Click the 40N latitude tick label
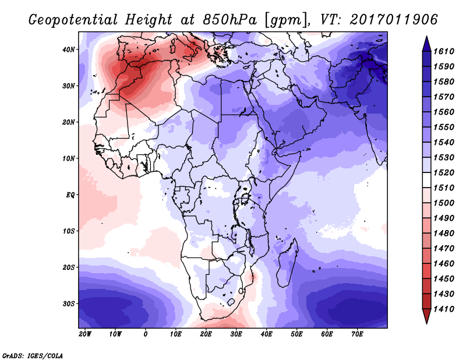click(69, 50)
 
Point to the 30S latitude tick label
click(69, 304)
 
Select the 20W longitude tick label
click(85, 334)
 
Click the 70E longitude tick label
click(357, 334)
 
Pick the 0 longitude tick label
click(145, 334)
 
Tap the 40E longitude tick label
click(266, 334)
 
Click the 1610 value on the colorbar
click(444, 51)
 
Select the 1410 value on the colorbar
click(444, 309)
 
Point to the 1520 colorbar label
click(444, 172)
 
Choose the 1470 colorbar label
click(444, 249)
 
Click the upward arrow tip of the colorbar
click(426, 37)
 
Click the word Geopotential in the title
click(73, 20)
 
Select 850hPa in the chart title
click(230, 20)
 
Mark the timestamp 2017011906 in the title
click(394, 20)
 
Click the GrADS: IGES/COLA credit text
click(33, 356)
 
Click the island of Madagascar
click(287, 264)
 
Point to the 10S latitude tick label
click(69, 231)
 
